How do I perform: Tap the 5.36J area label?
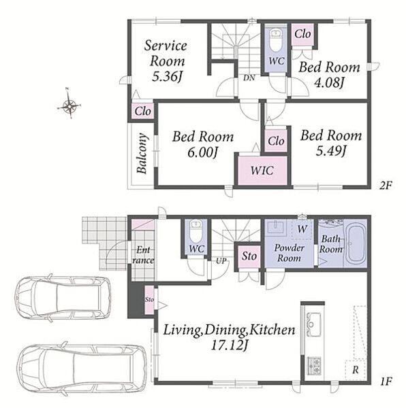click(x=166, y=77)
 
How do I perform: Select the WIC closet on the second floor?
click(x=262, y=171)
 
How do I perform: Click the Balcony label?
click(x=142, y=153)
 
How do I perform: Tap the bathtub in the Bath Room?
click(x=356, y=243)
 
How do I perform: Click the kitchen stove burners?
click(x=314, y=366)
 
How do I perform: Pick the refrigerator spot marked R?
click(x=356, y=369)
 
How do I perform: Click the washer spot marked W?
click(x=302, y=229)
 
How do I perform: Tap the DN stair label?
click(x=249, y=78)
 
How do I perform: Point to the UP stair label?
click(x=221, y=260)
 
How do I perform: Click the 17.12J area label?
click(x=229, y=345)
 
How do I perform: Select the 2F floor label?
click(x=385, y=185)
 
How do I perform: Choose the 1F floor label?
click(x=386, y=381)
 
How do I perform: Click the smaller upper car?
click(x=63, y=298)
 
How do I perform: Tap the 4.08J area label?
click(x=330, y=83)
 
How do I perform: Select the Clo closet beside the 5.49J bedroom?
click(x=276, y=141)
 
